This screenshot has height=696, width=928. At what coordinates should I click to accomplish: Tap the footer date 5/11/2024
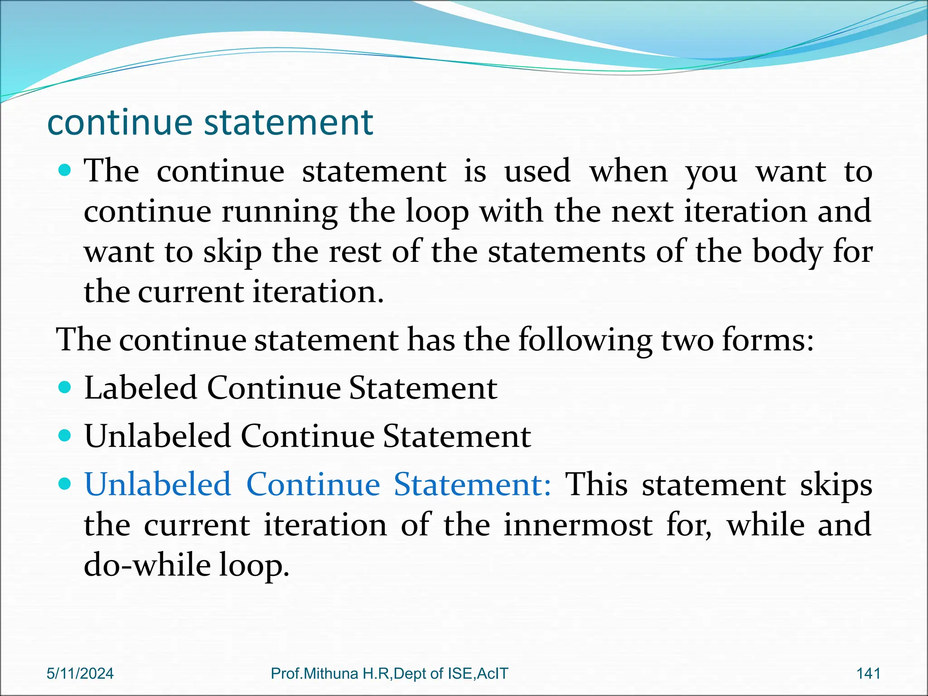click(80, 673)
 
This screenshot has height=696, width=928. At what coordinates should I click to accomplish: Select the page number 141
click(868, 673)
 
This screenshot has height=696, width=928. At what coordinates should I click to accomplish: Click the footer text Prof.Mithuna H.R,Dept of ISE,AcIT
click(389, 673)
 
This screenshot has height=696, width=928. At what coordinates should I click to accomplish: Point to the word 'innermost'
click(578, 525)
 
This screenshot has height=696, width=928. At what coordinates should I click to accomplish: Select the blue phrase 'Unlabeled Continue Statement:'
click(318, 484)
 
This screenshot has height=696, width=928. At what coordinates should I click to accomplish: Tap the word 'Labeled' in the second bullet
click(140, 388)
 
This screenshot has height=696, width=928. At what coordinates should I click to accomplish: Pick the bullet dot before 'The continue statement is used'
click(65, 170)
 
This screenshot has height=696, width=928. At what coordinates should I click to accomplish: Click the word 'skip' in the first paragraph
click(232, 252)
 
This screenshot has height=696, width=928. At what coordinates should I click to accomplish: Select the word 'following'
click(585, 339)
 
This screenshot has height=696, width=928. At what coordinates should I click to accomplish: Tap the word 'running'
click(280, 212)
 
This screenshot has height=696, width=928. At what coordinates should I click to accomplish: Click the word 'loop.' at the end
click(254, 565)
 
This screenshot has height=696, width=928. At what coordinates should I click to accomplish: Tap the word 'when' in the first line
click(628, 171)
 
